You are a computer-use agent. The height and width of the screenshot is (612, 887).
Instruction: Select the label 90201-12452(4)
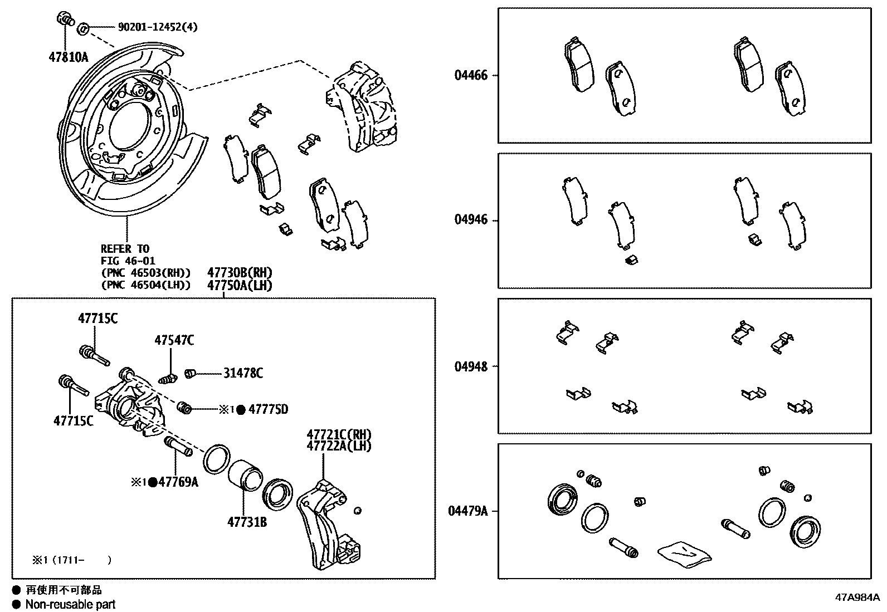coord(158,26)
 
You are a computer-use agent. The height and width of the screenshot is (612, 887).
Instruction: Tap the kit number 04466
coord(471,75)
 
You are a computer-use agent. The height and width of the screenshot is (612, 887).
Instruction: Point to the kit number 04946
coord(471,220)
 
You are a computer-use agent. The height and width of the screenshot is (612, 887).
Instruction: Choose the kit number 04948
coord(471,366)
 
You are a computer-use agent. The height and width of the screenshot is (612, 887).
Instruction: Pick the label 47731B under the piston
coord(246,522)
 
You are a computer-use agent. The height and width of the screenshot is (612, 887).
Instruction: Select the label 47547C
coord(174,340)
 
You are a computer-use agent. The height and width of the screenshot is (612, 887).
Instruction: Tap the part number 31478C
coord(243,373)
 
